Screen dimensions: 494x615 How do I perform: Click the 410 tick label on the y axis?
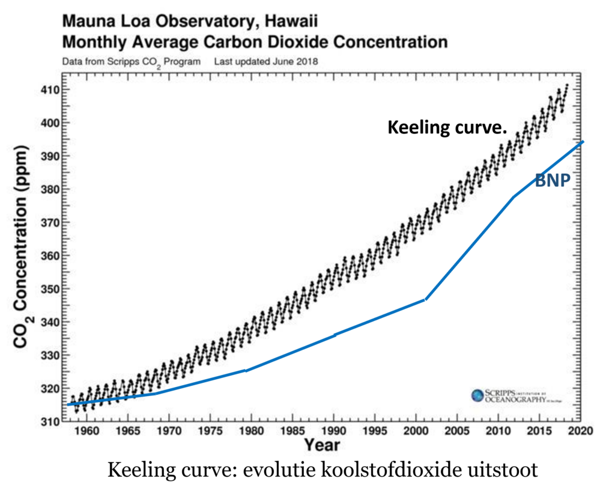[x=48, y=90]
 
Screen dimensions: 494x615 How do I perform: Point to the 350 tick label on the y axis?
[x=48, y=289]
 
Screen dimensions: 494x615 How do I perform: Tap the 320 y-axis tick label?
[x=48, y=389]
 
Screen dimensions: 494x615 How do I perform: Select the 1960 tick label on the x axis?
[x=86, y=431]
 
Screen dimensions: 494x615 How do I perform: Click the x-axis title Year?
[x=321, y=445]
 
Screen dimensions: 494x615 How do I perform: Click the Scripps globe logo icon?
[x=477, y=395]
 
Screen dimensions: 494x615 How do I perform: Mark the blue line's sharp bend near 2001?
[x=425, y=299]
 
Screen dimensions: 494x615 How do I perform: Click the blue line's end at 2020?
[x=583, y=142]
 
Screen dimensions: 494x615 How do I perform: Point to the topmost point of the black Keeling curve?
[x=566, y=85]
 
